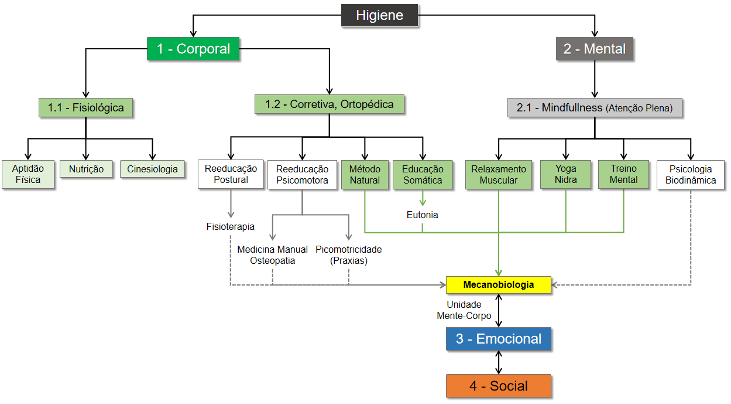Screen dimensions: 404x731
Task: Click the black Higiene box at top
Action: click(379, 15)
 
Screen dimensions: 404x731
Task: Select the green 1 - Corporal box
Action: click(193, 49)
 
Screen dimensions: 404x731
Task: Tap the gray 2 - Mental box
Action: click(594, 49)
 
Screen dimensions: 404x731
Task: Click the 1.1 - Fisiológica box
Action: click(85, 108)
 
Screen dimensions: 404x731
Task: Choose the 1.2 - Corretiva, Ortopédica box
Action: click(329, 104)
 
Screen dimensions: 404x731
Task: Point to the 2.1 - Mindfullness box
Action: click(595, 108)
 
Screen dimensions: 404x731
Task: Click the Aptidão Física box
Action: click(28, 175)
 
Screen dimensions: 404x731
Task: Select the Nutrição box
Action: click(86, 169)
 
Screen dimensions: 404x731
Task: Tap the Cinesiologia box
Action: click(152, 169)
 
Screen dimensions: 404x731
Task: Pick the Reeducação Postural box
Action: click(231, 175)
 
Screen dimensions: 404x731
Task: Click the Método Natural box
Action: click(365, 175)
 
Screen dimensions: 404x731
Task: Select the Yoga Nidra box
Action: click(566, 175)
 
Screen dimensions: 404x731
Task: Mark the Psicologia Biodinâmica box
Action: click(691, 175)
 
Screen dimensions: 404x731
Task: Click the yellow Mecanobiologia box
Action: click(499, 285)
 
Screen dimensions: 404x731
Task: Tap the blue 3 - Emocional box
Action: click(499, 339)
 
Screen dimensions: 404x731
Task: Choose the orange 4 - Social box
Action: click(499, 386)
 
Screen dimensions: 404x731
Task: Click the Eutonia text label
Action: click(422, 215)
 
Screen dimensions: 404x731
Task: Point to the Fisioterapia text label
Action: click(231, 226)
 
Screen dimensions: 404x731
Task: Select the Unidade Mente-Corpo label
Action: click(464, 310)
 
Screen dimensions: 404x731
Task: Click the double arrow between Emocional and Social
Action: click(499, 362)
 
